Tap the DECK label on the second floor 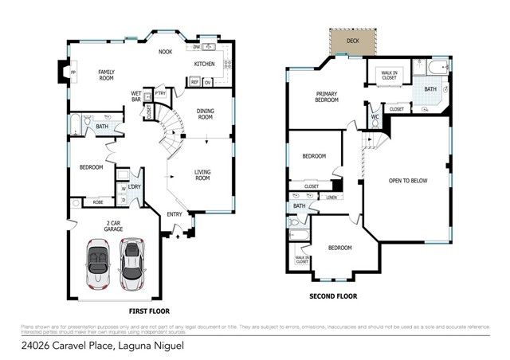[x=352, y=39]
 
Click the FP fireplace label [x=73, y=74]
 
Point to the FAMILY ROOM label [x=106, y=75]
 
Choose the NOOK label [x=165, y=52]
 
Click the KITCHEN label [x=205, y=64]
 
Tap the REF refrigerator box [x=194, y=81]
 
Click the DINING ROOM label [x=206, y=114]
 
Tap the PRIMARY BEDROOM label [x=327, y=98]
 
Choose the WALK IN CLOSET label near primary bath [x=389, y=75]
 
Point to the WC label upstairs [x=374, y=118]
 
